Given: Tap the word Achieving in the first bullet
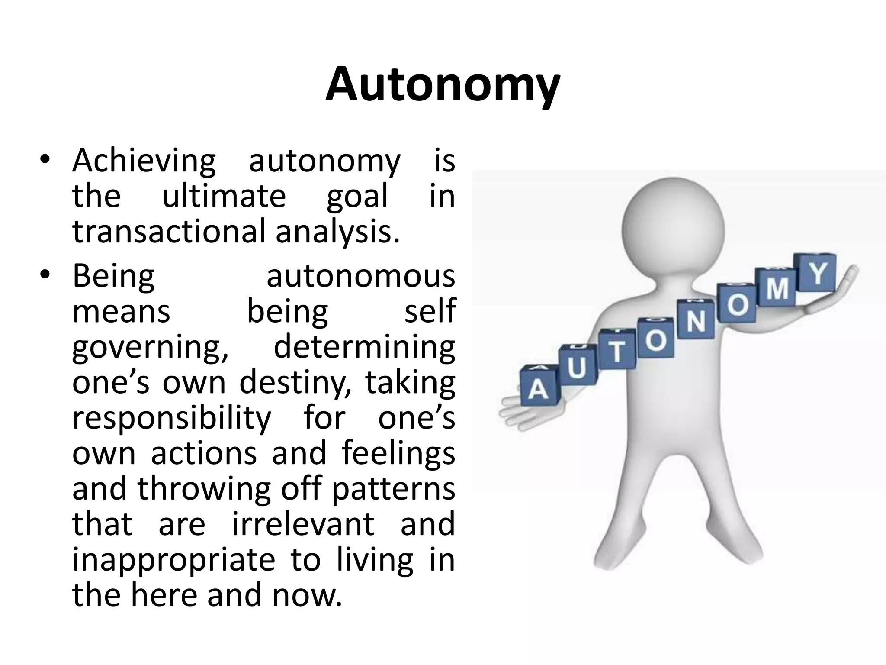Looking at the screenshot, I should (x=144, y=161).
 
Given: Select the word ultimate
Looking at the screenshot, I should (x=224, y=196).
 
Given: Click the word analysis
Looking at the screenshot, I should (x=337, y=232).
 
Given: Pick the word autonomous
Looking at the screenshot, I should (x=361, y=276).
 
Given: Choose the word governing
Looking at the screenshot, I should (x=150, y=348).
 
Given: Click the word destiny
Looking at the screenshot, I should (x=295, y=383).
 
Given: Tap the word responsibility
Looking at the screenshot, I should (x=172, y=419).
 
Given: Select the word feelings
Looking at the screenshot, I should (x=398, y=454).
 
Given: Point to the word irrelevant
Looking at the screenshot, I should (x=303, y=524).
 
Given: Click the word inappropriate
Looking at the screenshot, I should (x=173, y=560).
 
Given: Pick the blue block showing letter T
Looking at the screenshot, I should (x=617, y=350).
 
